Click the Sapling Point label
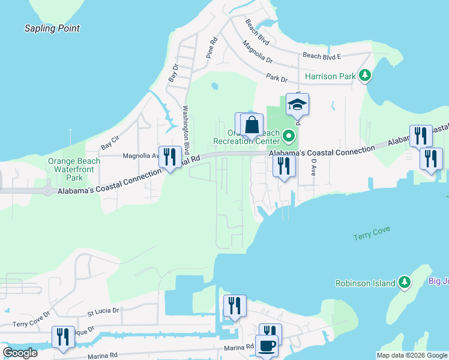52,28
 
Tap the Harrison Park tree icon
364,76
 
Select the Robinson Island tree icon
405,283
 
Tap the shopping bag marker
252,126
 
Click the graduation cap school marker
297,106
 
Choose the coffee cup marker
267,346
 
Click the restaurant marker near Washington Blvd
170,157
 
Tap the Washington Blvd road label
185,129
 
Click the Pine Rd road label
211,48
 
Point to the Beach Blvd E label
322,56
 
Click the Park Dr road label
277,79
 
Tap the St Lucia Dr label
103,313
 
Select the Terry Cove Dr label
30,323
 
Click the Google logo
20,353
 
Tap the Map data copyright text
411,355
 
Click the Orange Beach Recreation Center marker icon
289,136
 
